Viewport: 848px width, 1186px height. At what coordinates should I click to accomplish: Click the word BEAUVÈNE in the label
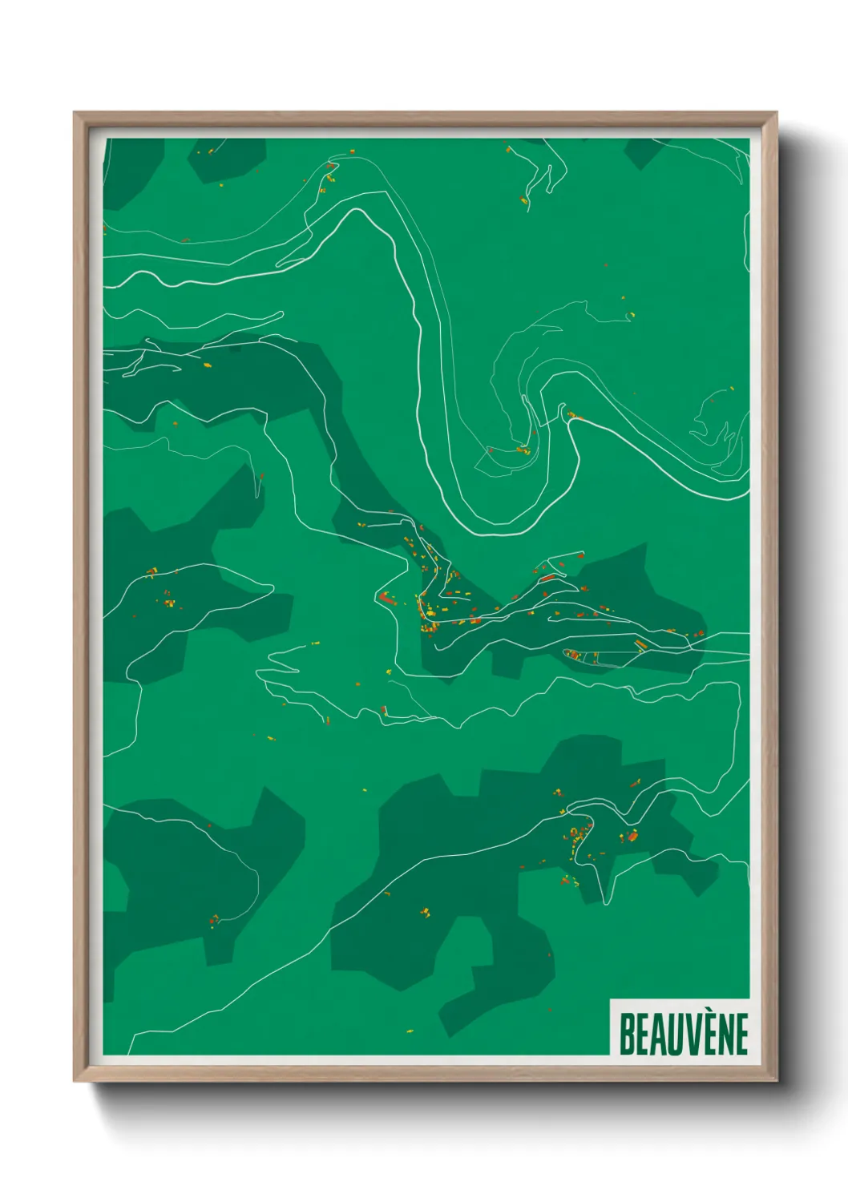click(x=684, y=1034)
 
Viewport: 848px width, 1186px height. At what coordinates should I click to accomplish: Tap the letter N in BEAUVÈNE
click(x=718, y=1035)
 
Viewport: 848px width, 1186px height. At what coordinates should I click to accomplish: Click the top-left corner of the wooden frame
click(x=75, y=114)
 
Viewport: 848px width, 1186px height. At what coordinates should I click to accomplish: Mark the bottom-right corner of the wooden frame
click(x=776, y=1080)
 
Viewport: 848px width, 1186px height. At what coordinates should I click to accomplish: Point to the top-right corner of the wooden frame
click(x=776, y=114)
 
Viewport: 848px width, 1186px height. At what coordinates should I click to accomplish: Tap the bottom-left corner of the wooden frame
click(x=75, y=1080)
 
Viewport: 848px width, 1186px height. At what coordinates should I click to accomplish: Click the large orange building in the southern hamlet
click(x=632, y=836)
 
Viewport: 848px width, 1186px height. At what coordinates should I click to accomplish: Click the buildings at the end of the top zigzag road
click(x=524, y=200)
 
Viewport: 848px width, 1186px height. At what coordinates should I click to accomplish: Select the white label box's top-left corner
click(x=611, y=999)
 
